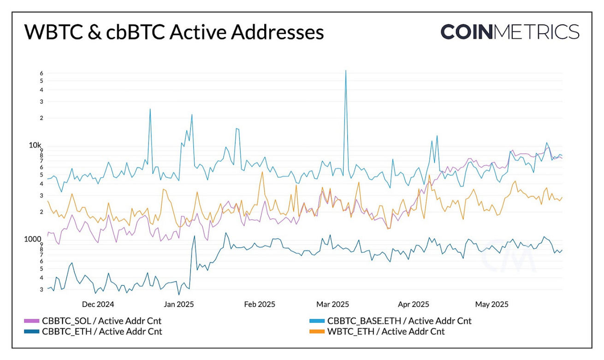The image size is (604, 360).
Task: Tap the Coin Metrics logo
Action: point(509,31)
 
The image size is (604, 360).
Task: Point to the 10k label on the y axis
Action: point(35,146)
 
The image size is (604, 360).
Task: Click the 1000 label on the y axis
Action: point(33,239)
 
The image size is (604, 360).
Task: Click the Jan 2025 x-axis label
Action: point(178,304)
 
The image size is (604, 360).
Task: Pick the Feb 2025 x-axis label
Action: point(260,304)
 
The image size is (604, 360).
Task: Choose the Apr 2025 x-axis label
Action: point(414,304)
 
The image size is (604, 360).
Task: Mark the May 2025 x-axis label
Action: point(492,304)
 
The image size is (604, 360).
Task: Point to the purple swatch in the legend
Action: point(31,321)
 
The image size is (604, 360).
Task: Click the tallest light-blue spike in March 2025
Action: point(345,71)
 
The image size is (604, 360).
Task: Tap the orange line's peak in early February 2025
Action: point(262,172)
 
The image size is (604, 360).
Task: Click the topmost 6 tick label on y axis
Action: point(41,73)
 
